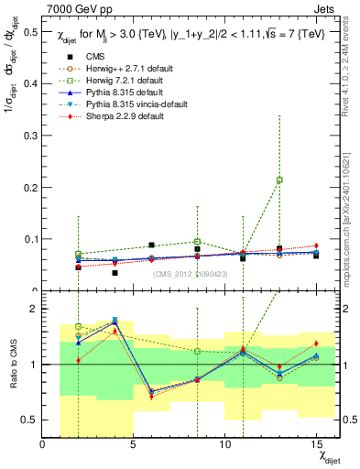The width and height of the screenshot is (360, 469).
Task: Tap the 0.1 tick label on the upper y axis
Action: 31,240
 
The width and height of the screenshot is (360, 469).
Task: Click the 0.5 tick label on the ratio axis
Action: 31,420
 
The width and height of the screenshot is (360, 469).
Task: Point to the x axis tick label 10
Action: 224,444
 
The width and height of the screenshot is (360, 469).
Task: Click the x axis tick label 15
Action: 316,444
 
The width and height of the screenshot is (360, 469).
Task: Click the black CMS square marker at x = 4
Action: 115,273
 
